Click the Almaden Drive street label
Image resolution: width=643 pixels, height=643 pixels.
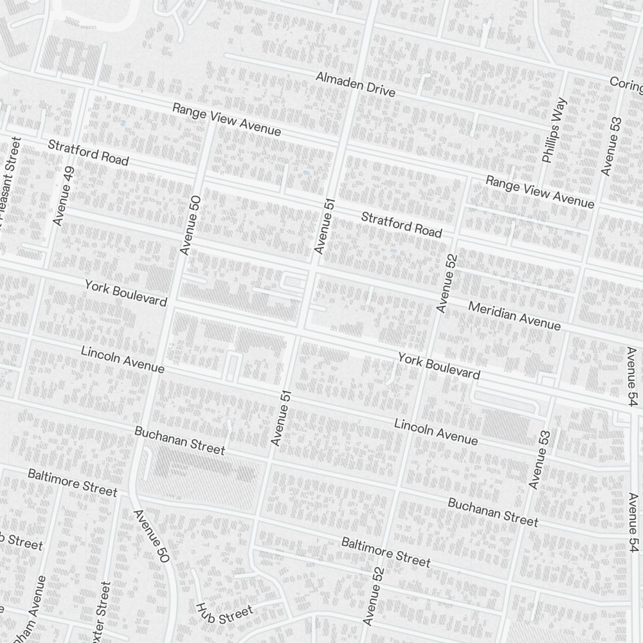coord(355,84)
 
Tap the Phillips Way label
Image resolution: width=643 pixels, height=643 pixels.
coord(554,130)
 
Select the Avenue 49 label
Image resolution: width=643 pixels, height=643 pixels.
coord(64,196)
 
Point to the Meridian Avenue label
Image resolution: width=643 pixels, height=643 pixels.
coord(514,316)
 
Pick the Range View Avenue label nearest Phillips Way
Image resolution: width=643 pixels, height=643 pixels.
coord(539,192)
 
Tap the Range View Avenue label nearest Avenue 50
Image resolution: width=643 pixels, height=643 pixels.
coord(226,120)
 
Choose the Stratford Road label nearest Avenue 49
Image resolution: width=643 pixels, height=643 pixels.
coord(88,152)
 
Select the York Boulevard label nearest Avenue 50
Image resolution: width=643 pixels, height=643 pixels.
coord(125,293)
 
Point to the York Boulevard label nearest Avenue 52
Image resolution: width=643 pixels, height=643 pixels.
coord(439,366)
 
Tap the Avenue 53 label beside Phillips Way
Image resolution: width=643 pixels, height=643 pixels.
coord(611,146)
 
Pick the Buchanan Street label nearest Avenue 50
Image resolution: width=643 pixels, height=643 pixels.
coord(179,440)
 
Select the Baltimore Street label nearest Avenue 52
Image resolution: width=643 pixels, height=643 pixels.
coord(385,552)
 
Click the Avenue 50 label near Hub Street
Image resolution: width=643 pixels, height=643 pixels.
coord(151,537)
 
